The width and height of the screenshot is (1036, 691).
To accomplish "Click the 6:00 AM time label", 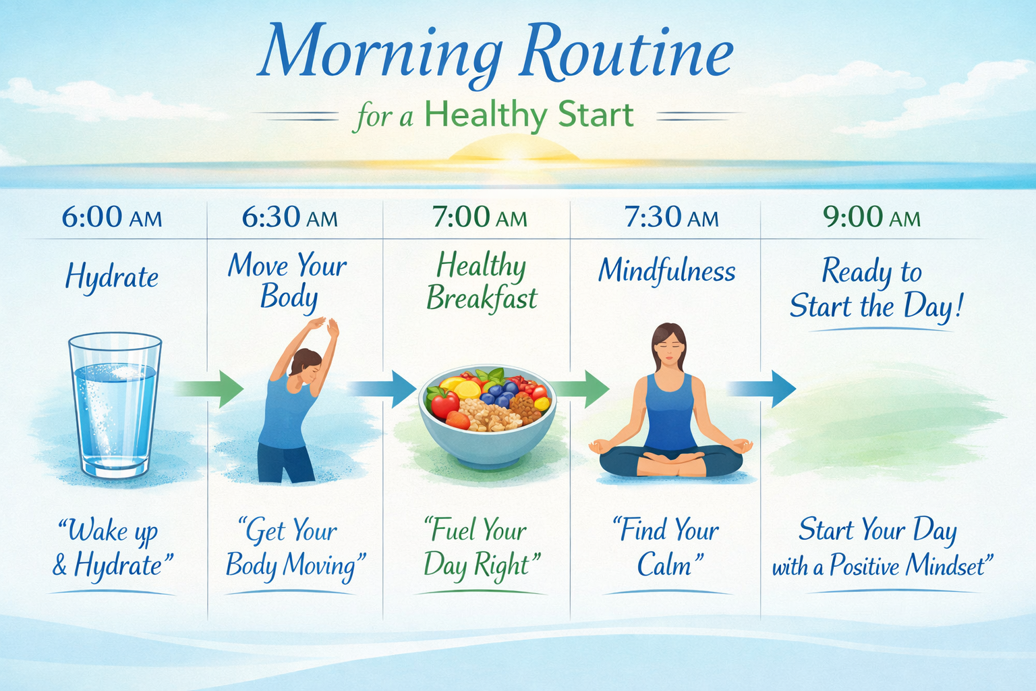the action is pyautogui.click(x=112, y=217).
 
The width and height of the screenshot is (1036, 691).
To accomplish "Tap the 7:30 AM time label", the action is pyautogui.click(x=672, y=217).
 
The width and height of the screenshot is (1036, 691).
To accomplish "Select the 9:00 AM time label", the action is pyautogui.click(x=872, y=217).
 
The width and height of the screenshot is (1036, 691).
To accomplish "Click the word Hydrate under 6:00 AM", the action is pyautogui.click(x=112, y=276).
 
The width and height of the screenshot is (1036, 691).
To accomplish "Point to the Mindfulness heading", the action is pyautogui.click(x=667, y=270).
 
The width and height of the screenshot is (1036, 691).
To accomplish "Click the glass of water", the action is pyautogui.click(x=115, y=406).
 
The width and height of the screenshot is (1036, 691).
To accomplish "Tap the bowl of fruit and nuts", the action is pyautogui.click(x=487, y=416).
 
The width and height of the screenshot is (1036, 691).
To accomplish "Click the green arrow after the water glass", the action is pyautogui.click(x=210, y=389).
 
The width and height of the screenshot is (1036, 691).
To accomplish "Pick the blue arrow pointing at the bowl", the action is pyautogui.click(x=382, y=389).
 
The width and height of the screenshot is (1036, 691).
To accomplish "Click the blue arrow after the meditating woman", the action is pyautogui.click(x=761, y=389).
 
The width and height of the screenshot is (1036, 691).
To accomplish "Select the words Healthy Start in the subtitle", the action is pyautogui.click(x=529, y=114).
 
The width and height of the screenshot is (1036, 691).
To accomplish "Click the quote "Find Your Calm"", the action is pyautogui.click(x=666, y=547).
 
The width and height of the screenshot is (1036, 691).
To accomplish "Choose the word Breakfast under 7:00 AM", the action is pyautogui.click(x=482, y=298).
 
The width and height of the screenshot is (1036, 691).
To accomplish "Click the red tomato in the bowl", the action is pyautogui.click(x=444, y=404).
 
